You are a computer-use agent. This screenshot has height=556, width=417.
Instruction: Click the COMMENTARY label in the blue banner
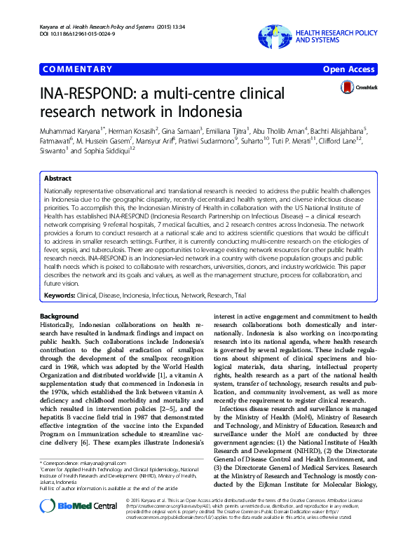[x=77, y=69]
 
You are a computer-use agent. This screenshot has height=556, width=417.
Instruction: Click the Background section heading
[x=60, y=317]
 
